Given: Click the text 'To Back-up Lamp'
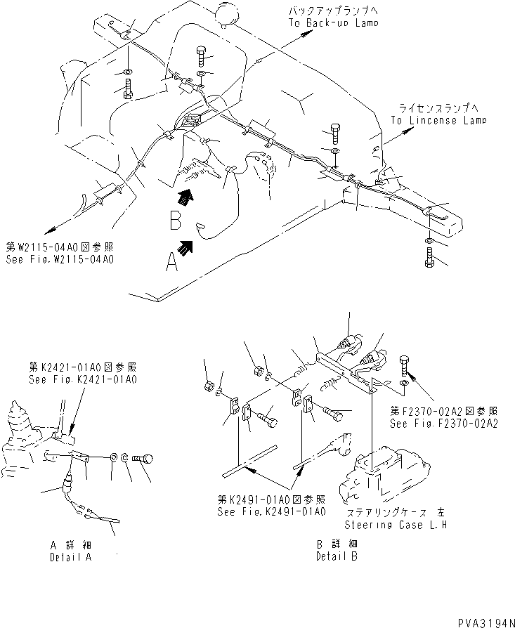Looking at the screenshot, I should tap(333, 22).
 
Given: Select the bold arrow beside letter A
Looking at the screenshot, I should tap(188, 248).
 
